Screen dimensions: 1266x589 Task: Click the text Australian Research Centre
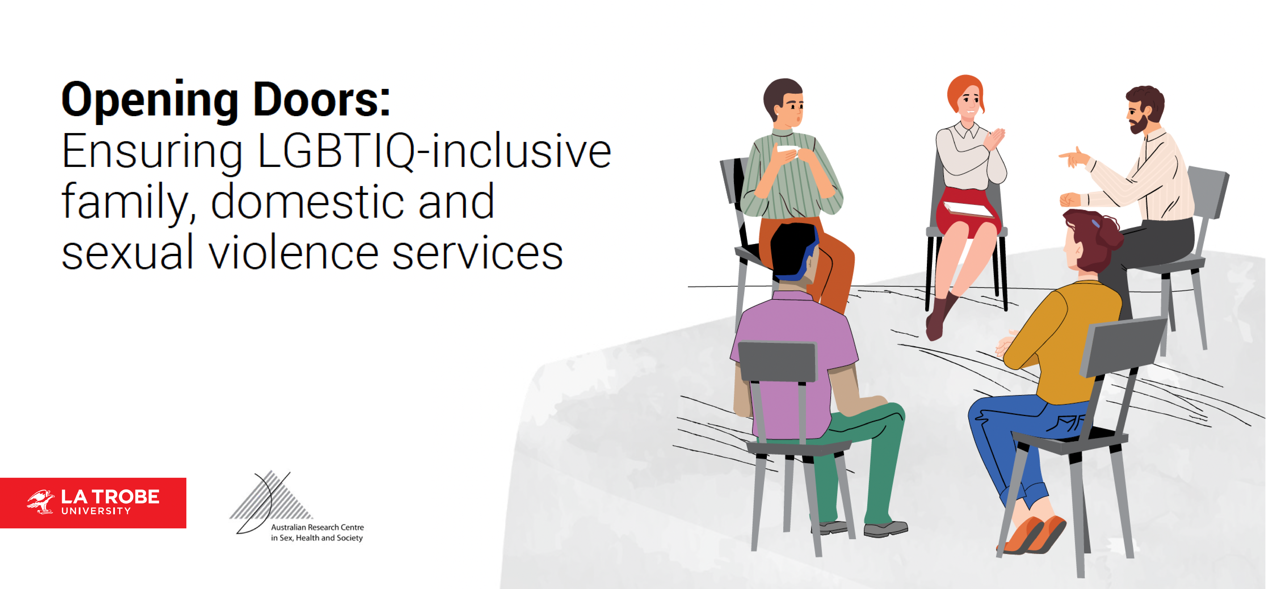point(317,527)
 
